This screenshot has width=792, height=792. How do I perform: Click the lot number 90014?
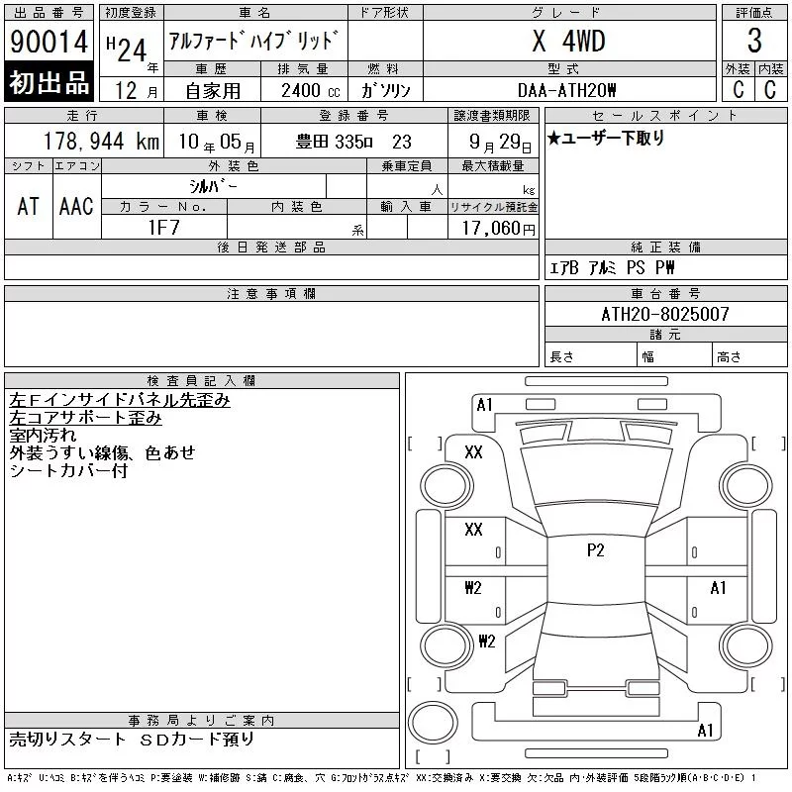pyautogui.click(x=49, y=42)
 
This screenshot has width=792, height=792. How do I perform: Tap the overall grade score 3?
pyautogui.click(x=754, y=41)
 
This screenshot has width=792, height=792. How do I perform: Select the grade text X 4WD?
pyautogui.click(x=568, y=41)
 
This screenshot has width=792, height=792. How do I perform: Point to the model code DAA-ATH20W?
pyautogui.click(x=566, y=90)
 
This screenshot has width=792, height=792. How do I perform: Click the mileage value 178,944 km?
pyautogui.click(x=102, y=141)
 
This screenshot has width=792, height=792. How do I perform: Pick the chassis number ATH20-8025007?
pyautogui.click(x=665, y=314)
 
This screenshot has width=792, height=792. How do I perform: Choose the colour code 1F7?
pyautogui.click(x=164, y=228)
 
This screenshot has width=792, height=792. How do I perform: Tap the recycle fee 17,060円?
pyautogui.click(x=499, y=229)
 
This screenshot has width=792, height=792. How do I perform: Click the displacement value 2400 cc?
pyautogui.click(x=311, y=91)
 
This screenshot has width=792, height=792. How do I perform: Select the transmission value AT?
pyautogui.click(x=29, y=206)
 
